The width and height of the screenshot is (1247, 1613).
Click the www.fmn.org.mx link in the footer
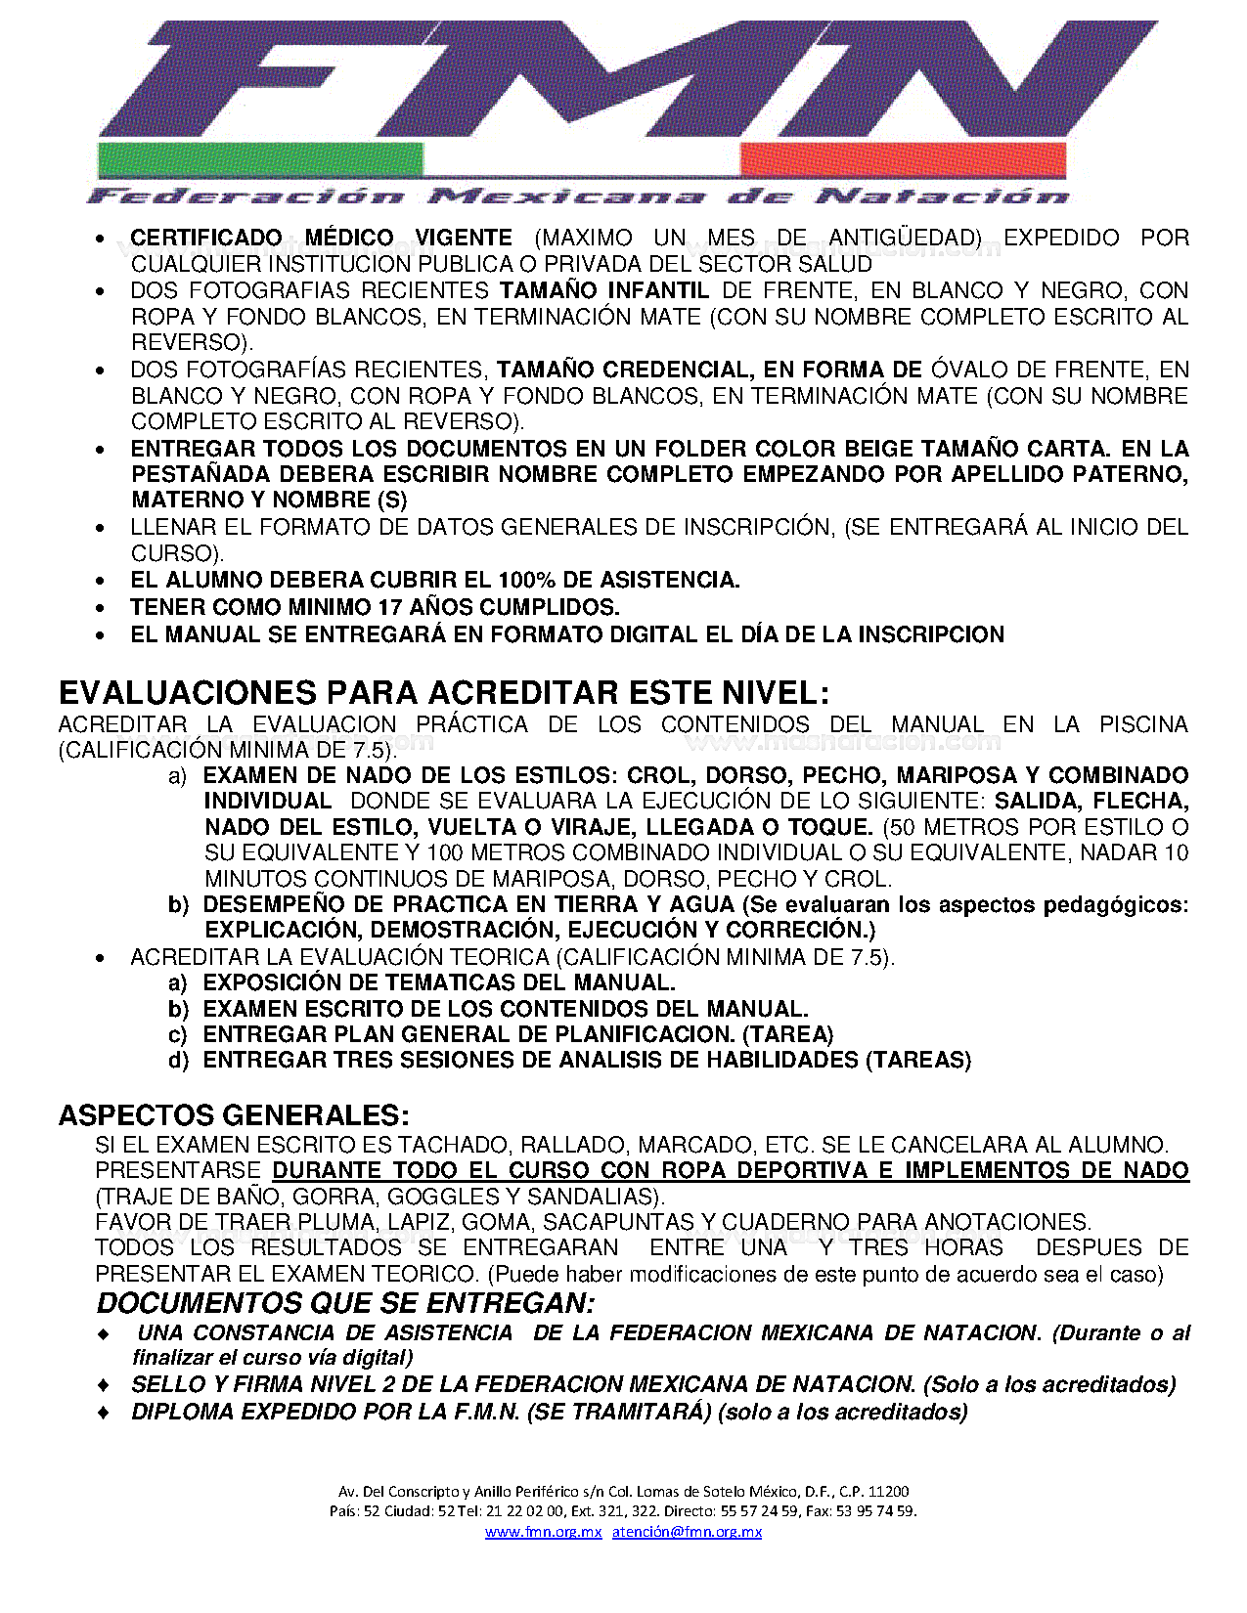coord(543,1532)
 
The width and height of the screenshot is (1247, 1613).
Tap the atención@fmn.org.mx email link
coord(687,1532)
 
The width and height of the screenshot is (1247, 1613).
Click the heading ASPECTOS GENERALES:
coord(234,1115)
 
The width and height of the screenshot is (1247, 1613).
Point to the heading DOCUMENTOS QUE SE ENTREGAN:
coord(345,1303)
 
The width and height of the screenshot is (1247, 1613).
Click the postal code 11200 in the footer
coord(888,1491)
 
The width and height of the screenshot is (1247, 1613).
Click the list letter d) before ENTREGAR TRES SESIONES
coord(178,1061)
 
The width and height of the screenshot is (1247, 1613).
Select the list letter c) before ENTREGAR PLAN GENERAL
coord(178,1035)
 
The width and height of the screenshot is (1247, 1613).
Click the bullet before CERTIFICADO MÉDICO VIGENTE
coord(101,239)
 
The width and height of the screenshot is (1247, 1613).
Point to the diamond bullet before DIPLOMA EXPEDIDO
coord(104,1413)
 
